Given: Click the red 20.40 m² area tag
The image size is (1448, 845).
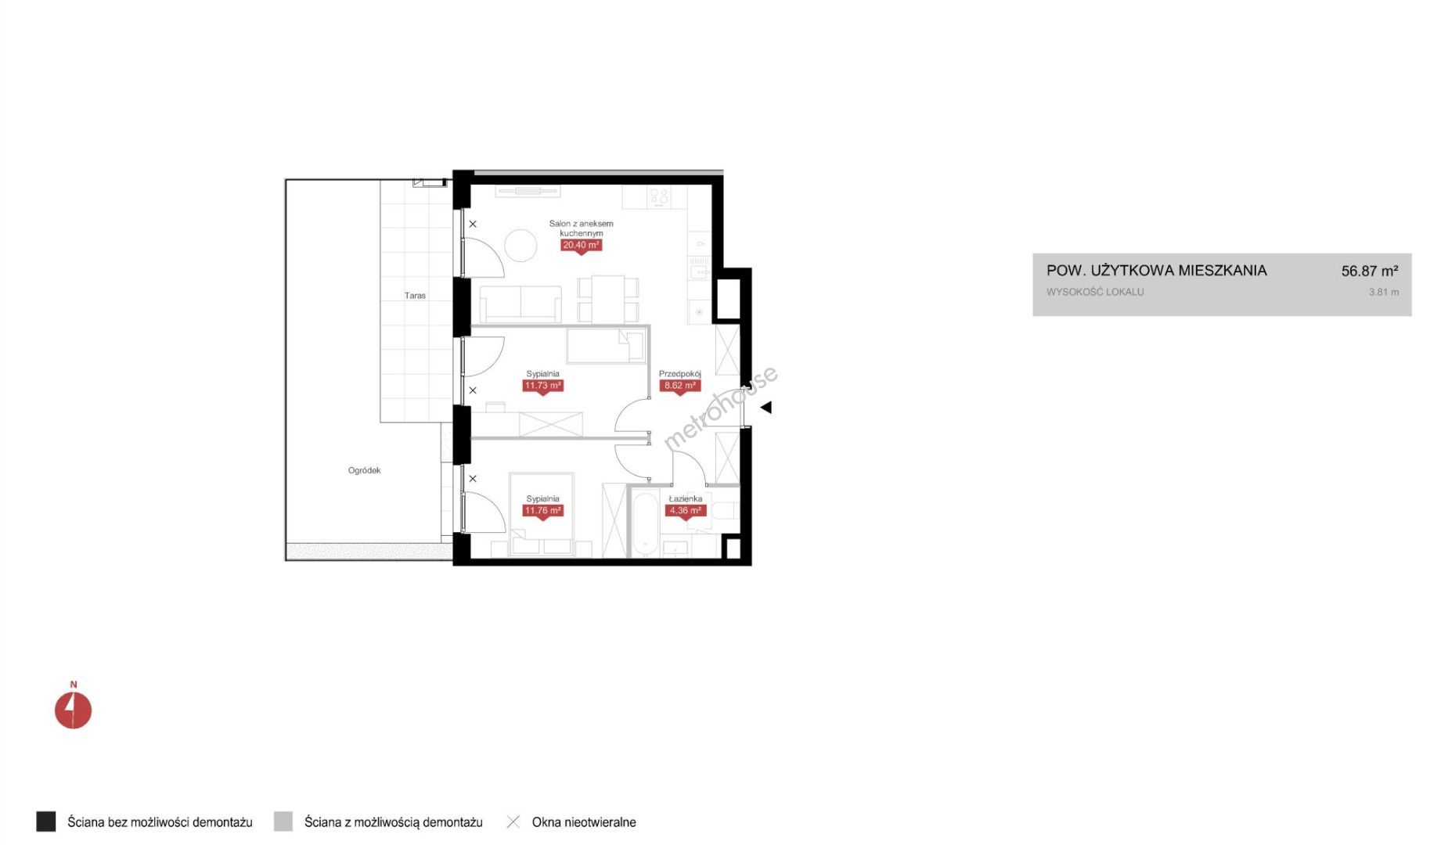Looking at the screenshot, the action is tap(581, 246).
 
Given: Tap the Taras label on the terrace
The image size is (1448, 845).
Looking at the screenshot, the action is tap(415, 296).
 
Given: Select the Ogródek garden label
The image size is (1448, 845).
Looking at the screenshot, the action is tap(364, 470).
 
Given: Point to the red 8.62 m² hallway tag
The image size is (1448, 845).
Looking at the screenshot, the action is tap(679, 386).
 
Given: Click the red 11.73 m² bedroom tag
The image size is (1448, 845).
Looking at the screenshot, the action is tap(542, 386).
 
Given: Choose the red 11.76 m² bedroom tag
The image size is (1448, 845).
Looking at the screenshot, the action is tap(542, 511).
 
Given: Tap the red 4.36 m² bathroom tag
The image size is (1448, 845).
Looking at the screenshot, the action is tap(685, 511).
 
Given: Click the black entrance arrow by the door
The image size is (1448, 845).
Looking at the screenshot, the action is tap(765, 407).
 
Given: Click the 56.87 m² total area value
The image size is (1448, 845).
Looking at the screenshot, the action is tap(1369, 271).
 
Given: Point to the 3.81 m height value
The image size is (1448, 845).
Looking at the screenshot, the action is tap(1383, 292).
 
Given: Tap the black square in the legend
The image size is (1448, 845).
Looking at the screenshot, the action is tap(46, 822).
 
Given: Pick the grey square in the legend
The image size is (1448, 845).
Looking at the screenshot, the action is tap(283, 822).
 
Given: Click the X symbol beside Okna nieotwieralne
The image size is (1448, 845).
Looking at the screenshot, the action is tap(513, 822).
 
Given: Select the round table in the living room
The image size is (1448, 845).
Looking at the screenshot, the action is tap(520, 246).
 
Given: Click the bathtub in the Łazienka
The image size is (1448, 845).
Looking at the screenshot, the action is tap(646, 523).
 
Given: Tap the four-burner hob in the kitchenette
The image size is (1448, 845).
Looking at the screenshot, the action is tap(659, 197).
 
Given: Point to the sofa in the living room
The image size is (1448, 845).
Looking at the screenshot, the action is tap(520, 304).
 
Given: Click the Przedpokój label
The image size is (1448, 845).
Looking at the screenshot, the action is tap(679, 374).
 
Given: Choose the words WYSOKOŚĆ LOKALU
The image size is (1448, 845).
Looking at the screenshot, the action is tap(1095, 292).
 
